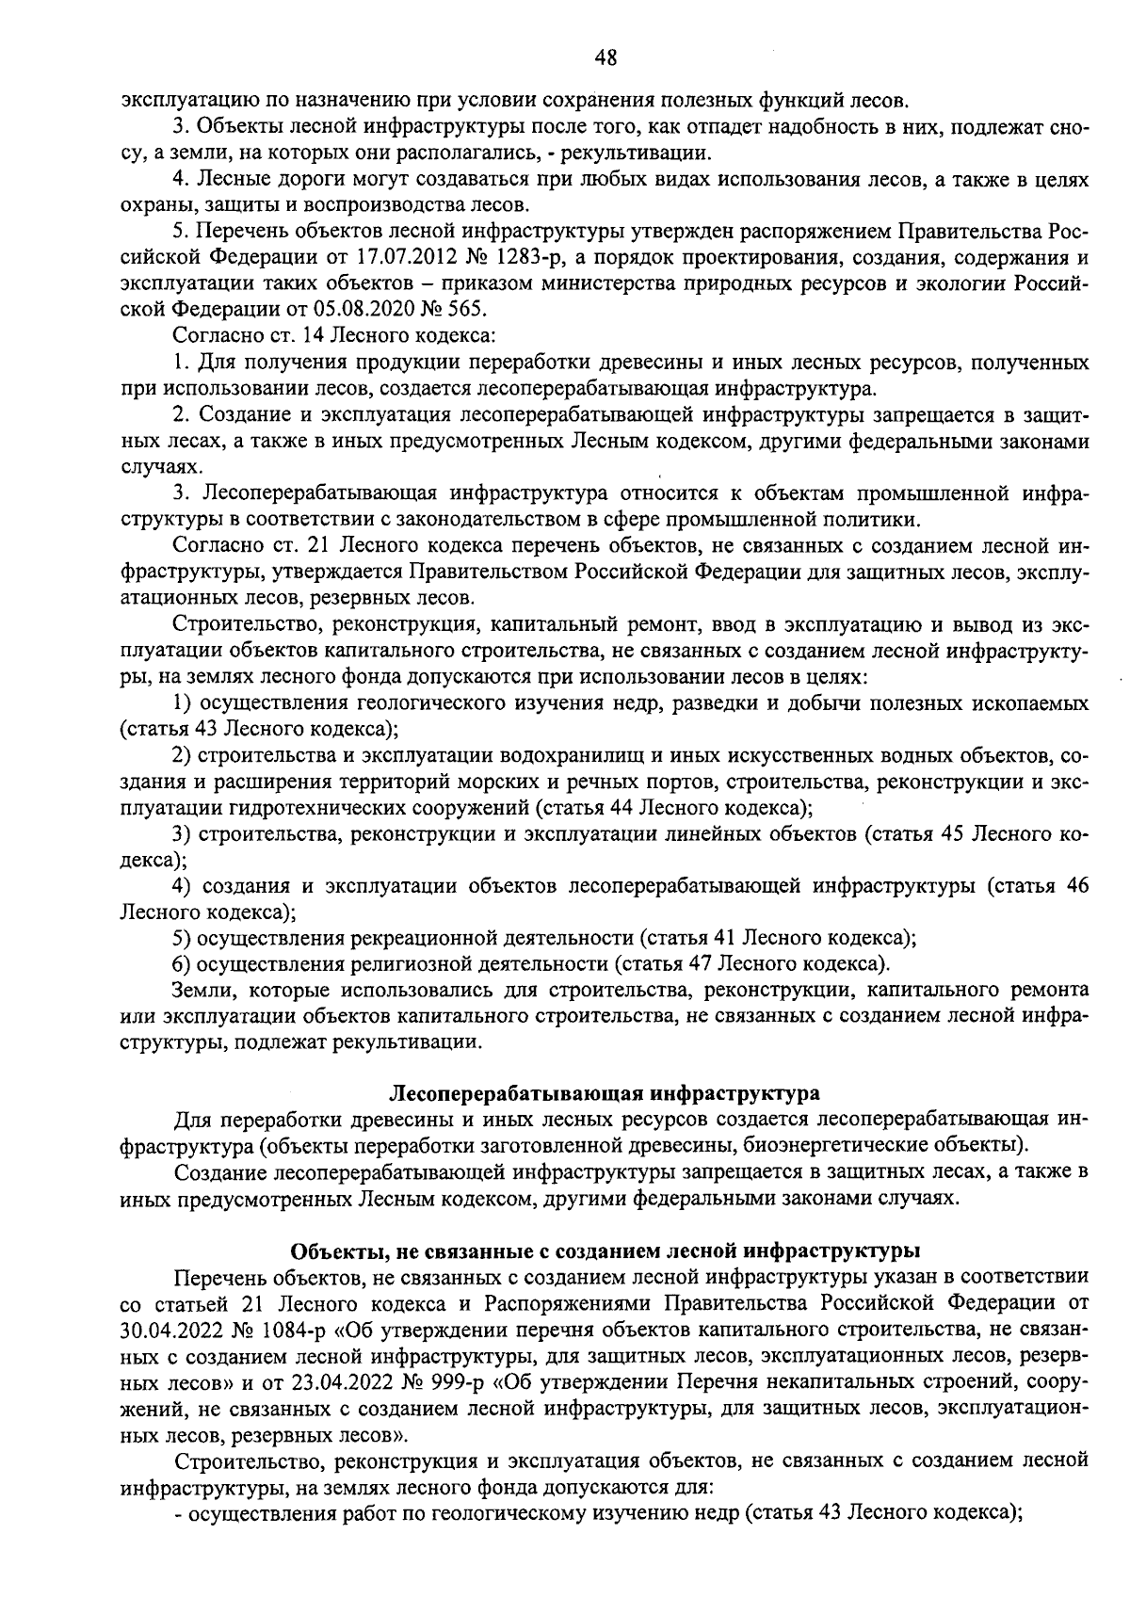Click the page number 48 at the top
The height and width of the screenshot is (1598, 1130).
(605, 57)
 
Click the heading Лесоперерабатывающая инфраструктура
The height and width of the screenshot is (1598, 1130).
(605, 1093)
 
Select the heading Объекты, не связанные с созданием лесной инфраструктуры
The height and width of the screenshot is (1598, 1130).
(605, 1251)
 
